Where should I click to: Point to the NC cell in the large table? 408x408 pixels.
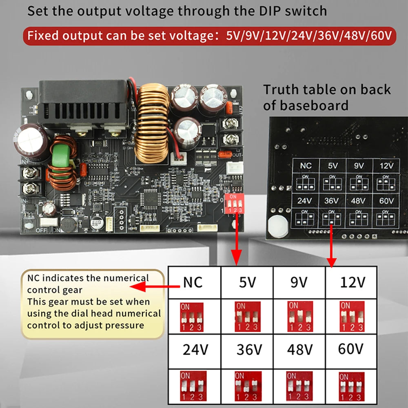coord(193,282)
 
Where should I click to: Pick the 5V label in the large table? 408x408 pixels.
coord(246,282)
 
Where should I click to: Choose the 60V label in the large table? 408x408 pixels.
coord(350,349)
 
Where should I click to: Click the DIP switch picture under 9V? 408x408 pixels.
coord(300,317)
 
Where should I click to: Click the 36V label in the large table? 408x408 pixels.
coord(249,349)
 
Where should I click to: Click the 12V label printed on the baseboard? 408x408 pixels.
coord(386,166)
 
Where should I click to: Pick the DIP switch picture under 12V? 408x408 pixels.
coord(352,317)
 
